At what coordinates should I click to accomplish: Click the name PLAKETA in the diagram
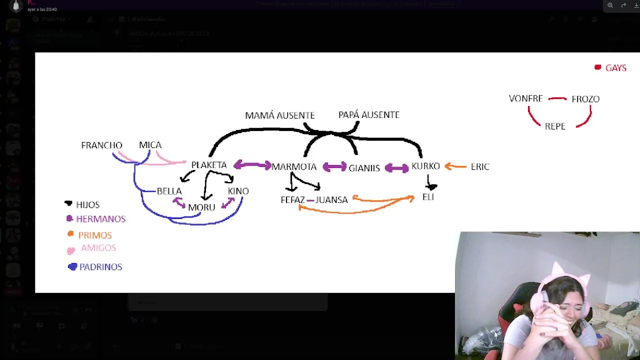click(x=209, y=165)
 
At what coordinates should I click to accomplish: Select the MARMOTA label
click(x=294, y=166)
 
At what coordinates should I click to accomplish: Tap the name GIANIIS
click(x=364, y=168)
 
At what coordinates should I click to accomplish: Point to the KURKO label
click(x=425, y=166)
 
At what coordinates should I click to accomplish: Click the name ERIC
click(x=479, y=167)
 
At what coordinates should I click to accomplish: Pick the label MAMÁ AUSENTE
click(x=279, y=115)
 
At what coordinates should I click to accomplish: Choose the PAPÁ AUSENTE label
click(x=368, y=115)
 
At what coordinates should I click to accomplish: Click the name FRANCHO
click(x=101, y=145)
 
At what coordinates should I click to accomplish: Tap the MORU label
click(x=201, y=207)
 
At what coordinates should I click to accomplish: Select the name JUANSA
click(x=331, y=200)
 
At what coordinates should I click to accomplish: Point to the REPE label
click(x=555, y=126)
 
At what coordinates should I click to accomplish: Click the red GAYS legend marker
click(x=597, y=67)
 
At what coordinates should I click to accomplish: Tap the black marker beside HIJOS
click(x=68, y=203)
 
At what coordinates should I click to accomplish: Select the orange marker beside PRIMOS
click(x=70, y=234)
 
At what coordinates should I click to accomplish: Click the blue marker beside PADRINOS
click(x=72, y=267)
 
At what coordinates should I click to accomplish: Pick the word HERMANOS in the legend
click(x=100, y=219)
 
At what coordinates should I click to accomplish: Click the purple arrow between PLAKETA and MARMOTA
click(x=252, y=165)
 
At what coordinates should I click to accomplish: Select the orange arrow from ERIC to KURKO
click(x=455, y=166)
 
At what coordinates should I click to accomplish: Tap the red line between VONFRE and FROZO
click(x=557, y=99)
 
